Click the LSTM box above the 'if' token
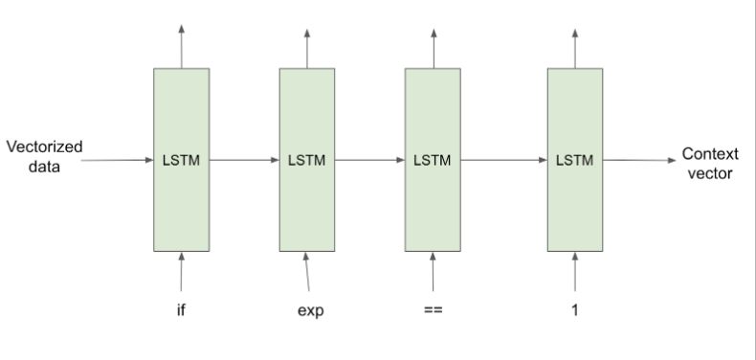(x=182, y=159)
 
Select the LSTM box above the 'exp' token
(x=307, y=159)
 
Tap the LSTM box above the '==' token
(x=433, y=159)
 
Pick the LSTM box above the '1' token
(x=574, y=159)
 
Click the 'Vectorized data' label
(x=44, y=158)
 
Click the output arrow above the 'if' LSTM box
(x=182, y=48)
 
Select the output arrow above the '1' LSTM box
(x=574, y=48)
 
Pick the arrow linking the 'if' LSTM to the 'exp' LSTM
(x=244, y=160)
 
